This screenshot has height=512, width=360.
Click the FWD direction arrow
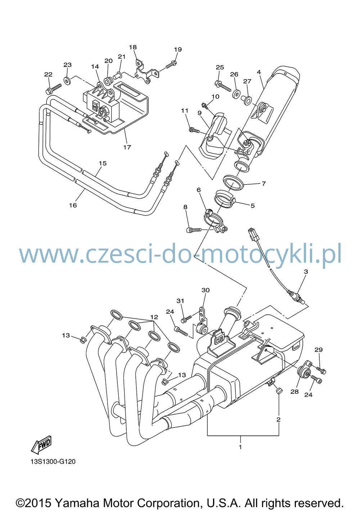click(x=41, y=445)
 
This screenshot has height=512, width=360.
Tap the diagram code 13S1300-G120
click(x=53, y=462)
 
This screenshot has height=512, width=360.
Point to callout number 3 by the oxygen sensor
click(x=306, y=272)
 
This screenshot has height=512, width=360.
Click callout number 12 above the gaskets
click(x=154, y=317)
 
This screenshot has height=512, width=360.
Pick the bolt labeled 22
click(x=54, y=89)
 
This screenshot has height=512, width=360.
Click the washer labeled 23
click(x=67, y=81)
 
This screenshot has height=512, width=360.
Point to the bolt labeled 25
click(x=223, y=86)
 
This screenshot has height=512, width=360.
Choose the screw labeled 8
click(x=194, y=230)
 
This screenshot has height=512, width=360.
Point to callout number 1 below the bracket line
click(x=240, y=447)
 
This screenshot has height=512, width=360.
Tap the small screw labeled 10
click(x=205, y=105)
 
